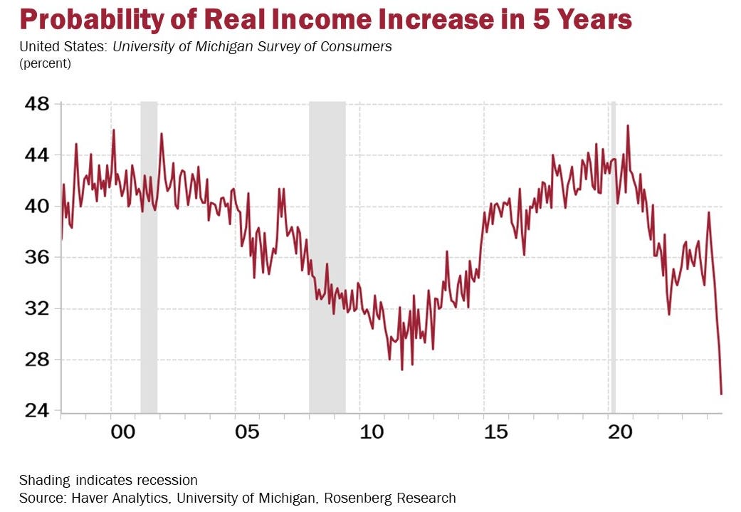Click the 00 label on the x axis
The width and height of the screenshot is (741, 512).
coord(122,432)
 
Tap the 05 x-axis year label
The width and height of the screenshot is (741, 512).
coord(246,432)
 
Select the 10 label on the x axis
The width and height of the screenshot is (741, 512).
coord(371,432)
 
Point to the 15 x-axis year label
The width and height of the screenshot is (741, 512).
coord(495,432)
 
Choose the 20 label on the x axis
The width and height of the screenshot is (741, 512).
coord(620,432)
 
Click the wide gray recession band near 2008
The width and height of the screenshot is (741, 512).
coord(327,256)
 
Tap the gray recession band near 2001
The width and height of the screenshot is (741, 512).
coord(149,256)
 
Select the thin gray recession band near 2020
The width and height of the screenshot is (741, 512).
coord(613,256)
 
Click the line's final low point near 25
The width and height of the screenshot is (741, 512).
coord(721,394)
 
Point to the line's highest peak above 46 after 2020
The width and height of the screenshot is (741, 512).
coord(628,125)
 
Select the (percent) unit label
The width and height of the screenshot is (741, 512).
coord(45,63)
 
